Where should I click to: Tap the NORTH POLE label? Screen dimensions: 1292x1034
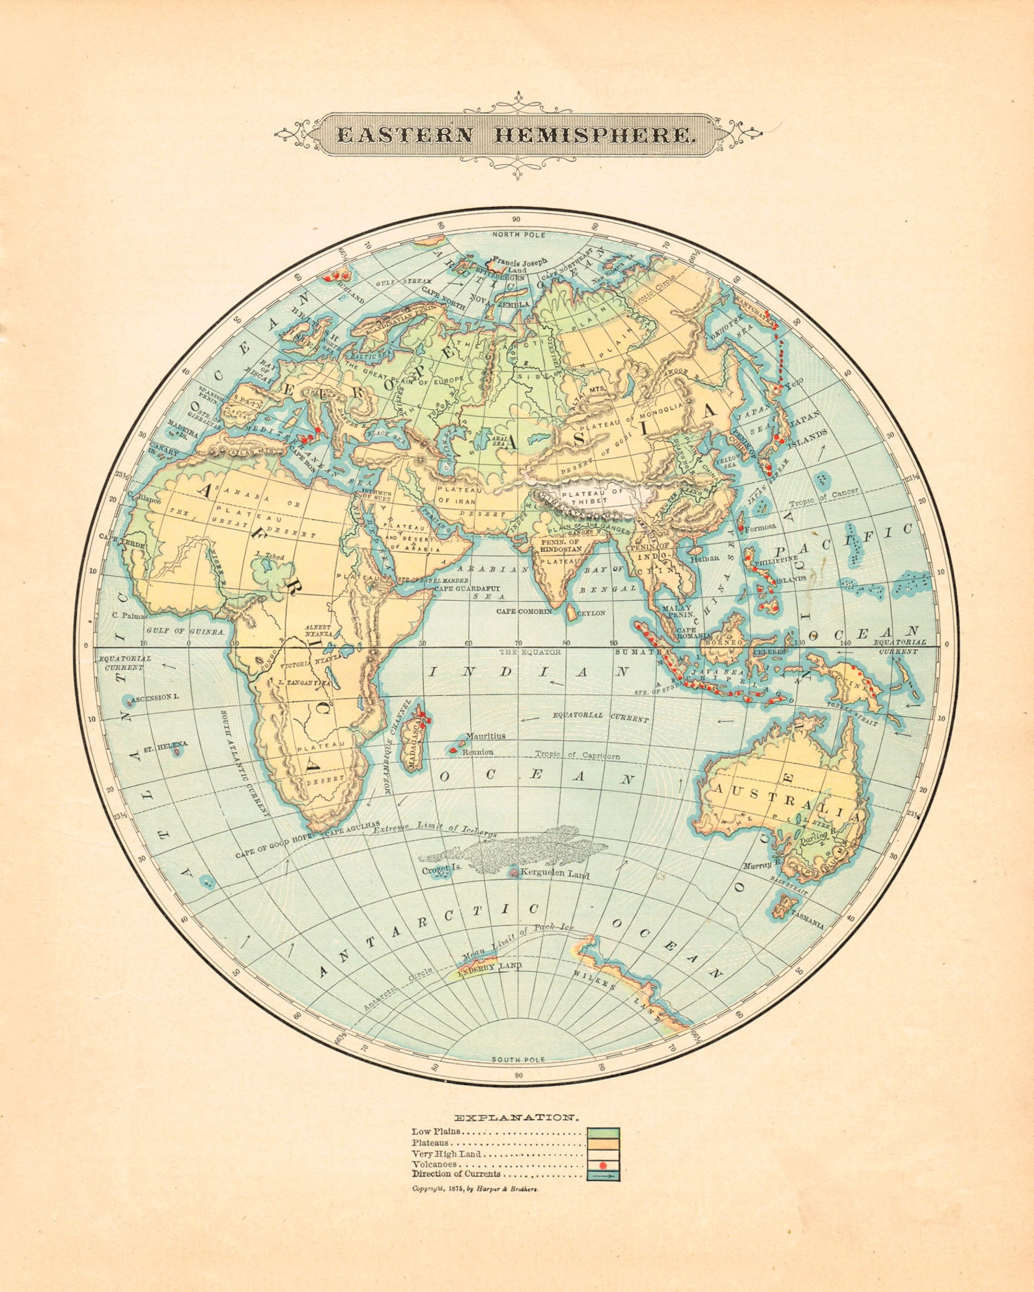(x=518, y=234)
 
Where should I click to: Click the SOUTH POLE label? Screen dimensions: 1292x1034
(x=518, y=1059)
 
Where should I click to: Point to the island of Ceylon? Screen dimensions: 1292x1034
(x=571, y=612)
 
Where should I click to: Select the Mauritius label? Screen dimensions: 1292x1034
(x=485, y=735)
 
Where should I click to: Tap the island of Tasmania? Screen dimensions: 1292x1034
(x=785, y=905)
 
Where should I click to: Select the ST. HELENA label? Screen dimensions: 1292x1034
(x=165, y=745)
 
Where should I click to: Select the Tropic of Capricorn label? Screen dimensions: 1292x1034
(x=577, y=755)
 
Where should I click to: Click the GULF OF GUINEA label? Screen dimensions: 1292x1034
(x=186, y=631)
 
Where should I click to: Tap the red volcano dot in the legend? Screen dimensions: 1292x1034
(x=603, y=1164)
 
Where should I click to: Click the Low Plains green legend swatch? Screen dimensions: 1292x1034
(x=603, y=1133)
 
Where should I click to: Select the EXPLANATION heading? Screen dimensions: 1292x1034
(x=516, y=1117)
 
